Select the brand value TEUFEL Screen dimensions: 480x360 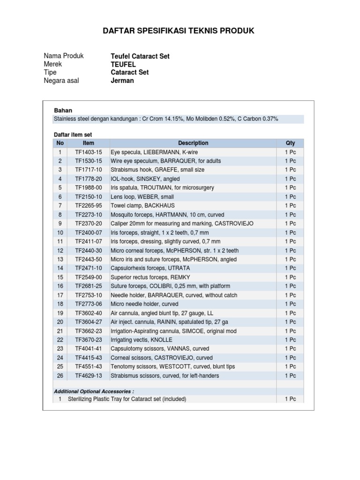tap(123, 64)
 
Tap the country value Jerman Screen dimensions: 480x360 tap(122, 81)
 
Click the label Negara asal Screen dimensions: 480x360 tap(61, 81)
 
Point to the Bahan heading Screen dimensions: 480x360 tap(63, 111)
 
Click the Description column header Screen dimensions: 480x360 tap(193, 143)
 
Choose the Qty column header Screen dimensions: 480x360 tap(290, 143)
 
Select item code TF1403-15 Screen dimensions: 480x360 tap(88, 152)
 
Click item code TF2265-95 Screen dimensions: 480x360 tap(88, 206)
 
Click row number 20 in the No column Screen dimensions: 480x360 tap(60, 322)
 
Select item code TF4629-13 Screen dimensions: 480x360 tap(88, 375)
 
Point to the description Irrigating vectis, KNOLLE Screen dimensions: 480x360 tap(141, 340)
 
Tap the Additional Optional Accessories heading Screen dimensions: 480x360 tap(94, 391)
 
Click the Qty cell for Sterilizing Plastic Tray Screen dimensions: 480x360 tap(290, 399)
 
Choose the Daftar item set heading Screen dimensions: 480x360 tap(73, 135)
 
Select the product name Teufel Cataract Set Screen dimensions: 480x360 tap(140, 56)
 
